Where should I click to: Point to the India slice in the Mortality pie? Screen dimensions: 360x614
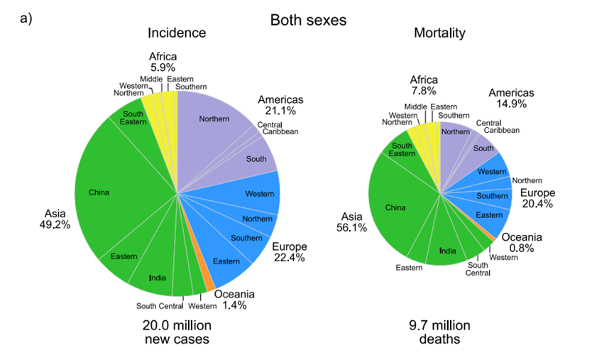click(447, 250)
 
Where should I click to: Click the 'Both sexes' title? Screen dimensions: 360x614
click(308, 21)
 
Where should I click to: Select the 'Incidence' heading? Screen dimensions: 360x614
click(177, 33)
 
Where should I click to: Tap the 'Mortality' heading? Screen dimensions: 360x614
click(440, 33)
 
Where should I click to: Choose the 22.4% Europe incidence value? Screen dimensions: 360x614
click(289, 258)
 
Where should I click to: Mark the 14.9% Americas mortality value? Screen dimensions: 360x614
click(510, 104)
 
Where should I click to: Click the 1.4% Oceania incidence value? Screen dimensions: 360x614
click(235, 306)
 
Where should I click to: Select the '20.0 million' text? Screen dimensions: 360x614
click(177, 325)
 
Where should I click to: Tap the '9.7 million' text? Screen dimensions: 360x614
click(440, 325)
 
